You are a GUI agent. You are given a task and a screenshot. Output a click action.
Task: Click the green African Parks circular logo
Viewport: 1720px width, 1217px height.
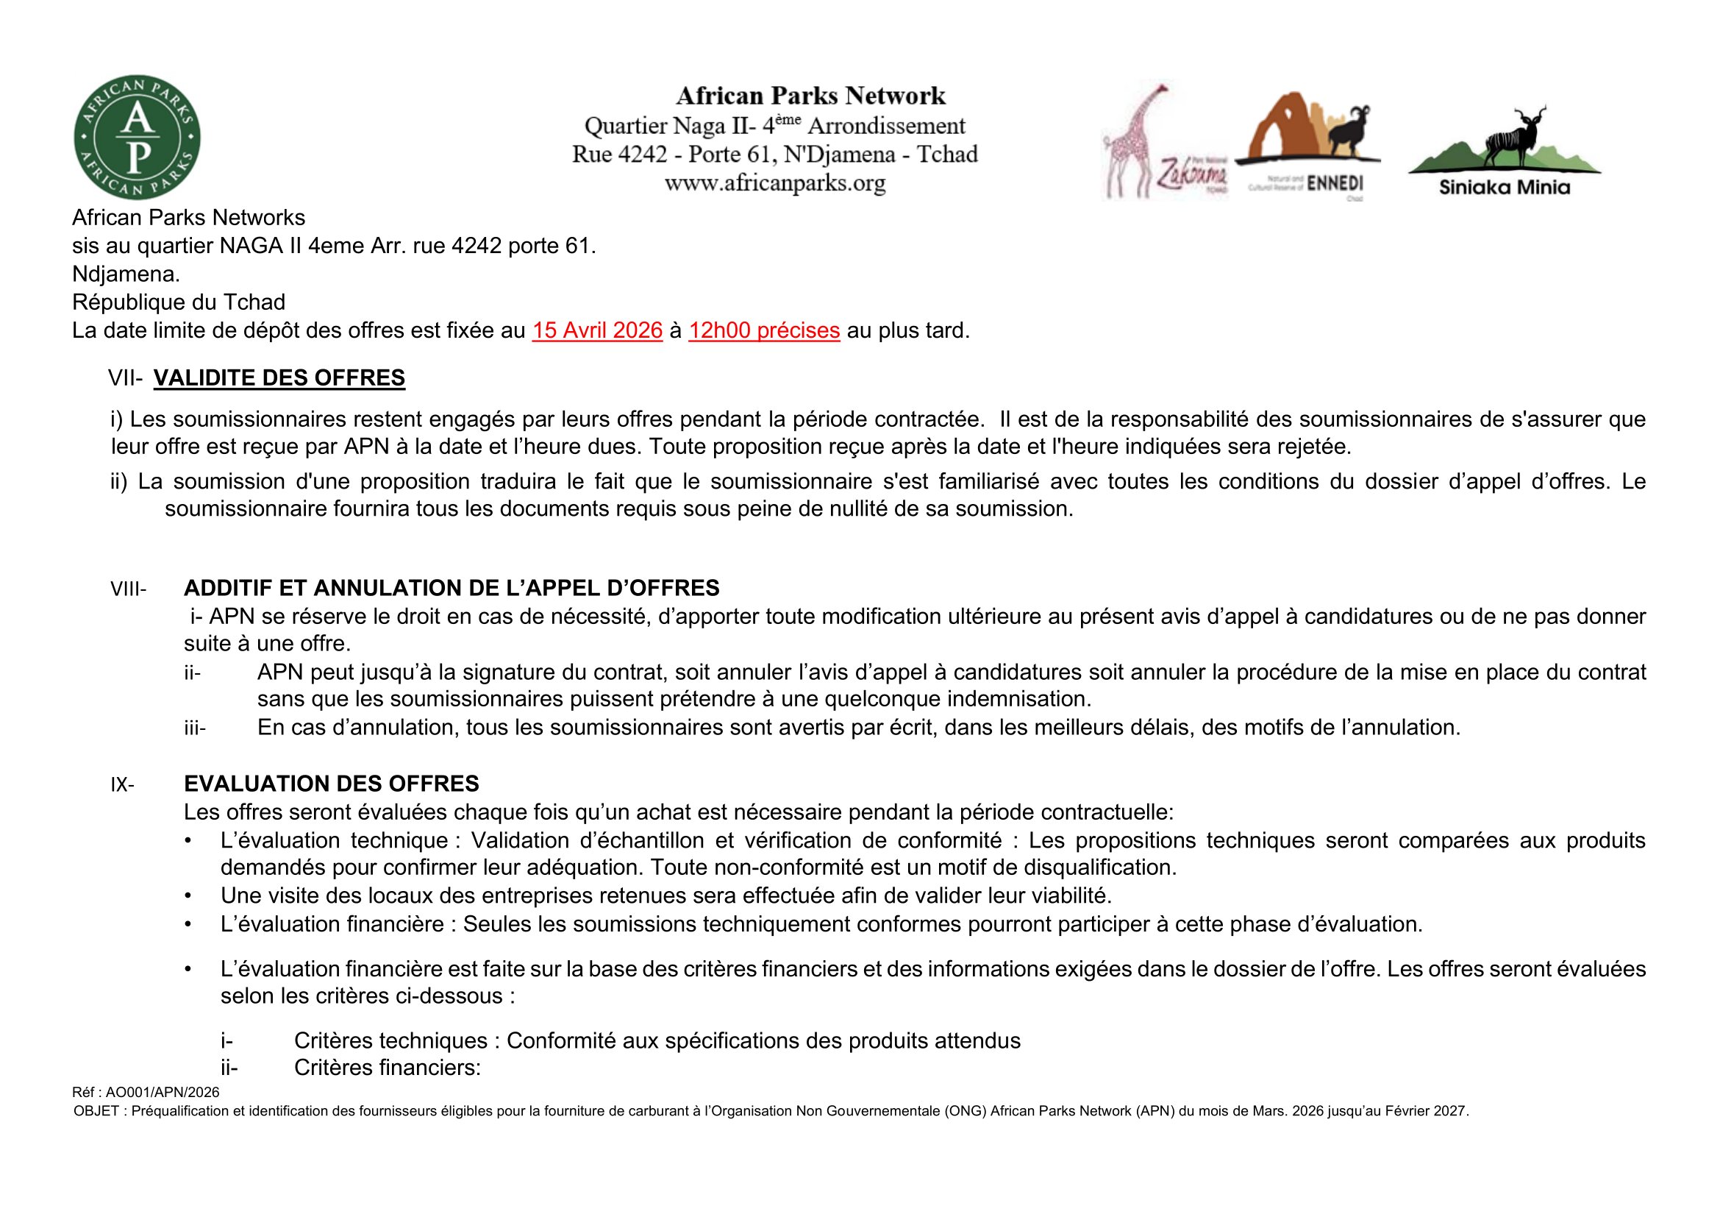click(x=137, y=138)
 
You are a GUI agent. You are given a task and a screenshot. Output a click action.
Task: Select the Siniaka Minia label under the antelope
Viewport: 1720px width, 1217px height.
click(x=1505, y=188)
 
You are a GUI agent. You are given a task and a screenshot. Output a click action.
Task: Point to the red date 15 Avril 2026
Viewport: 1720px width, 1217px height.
click(x=597, y=330)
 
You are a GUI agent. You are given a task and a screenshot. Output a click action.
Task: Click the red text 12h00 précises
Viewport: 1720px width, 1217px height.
click(x=763, y=330)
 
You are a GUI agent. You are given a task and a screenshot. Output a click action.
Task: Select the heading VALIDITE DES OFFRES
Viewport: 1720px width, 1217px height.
click(x=279, y=378)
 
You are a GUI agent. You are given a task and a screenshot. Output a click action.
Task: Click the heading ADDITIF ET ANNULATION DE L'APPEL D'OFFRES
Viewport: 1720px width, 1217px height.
click(x=451, y=589)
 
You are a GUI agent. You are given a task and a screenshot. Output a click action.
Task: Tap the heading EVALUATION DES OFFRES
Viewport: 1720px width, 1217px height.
click(x=331, y=784)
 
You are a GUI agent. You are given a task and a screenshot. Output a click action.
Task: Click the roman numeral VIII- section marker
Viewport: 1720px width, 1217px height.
click(x=129, y=590)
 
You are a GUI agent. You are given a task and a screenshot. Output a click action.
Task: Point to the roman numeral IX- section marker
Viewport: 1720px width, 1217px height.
click(x=123, y=785)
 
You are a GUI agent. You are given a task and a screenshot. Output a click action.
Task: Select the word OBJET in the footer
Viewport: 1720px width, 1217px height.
click(x=96, y=1111)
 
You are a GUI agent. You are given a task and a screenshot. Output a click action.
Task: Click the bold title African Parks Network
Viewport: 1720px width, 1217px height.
click(x=810, y=96)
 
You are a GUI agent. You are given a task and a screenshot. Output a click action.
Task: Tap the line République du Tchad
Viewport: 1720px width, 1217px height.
click(x=178, y=302)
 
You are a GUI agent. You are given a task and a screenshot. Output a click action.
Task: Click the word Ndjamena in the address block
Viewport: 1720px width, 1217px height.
click(x=124, y=274)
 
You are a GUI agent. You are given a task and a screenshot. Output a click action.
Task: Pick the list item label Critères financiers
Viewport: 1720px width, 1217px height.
click(x=387, y=1068)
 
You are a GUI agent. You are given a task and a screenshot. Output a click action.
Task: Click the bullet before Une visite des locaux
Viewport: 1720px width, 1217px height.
click(x=189, y=895)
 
